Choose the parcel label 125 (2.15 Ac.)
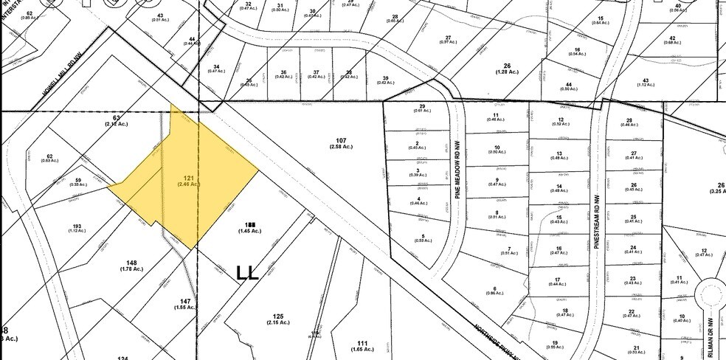pyautogui.click(x=277, y=319)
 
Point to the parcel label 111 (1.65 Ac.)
pyautogui.click(x=362, y=346)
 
